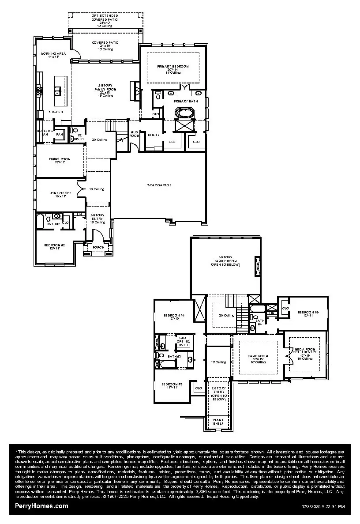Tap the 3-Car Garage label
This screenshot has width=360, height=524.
click(x=159, y=185)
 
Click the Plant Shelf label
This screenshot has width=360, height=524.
click(x=218, y=422)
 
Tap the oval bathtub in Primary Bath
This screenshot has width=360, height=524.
click(x=183, y=113)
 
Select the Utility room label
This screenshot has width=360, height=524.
click(x=154, y=135)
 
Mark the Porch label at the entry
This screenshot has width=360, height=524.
click(x=98, y=247)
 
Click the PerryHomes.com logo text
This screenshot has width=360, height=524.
click(x=41, y=506)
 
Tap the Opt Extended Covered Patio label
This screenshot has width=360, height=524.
click(x=105, y=20)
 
